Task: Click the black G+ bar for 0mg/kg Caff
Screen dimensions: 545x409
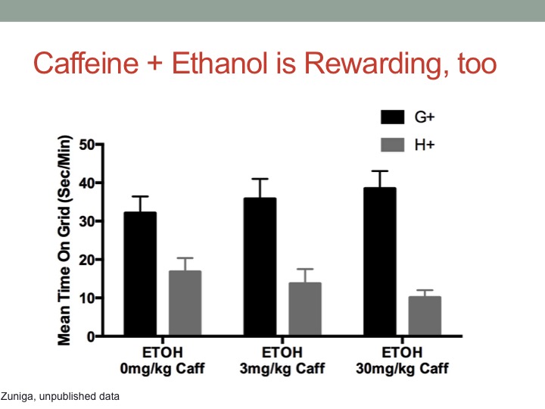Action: [x=140, y=273]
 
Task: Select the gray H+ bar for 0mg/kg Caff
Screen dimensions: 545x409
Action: [x=185, y=303]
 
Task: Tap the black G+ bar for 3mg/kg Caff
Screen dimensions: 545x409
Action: [x=260, y=267]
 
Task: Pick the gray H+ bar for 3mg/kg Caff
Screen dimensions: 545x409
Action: [x=305, y=309]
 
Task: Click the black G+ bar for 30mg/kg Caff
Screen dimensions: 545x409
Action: [x=380, y=261]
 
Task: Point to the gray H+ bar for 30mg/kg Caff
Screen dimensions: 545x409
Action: [x=425, y=316]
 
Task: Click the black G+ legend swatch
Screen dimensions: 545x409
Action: [x=392, y=117]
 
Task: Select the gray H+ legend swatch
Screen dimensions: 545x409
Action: [x=392, y=145]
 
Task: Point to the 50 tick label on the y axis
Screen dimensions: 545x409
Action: [x=86, y=145]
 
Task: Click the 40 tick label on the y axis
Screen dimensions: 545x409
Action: [x=86, y=183]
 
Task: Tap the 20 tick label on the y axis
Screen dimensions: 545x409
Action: [x=86, y=260]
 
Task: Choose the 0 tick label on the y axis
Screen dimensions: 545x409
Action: [x=91, y=336]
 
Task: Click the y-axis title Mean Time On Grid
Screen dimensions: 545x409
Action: [x=64, y=240]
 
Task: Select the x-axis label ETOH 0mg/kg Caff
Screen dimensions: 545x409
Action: [x=162, y=361]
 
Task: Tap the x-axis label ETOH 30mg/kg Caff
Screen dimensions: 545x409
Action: [x=402, y=361]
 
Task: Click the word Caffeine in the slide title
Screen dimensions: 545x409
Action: [x=86, y=64]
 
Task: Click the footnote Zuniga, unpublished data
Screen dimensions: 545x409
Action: [x=60, y=396]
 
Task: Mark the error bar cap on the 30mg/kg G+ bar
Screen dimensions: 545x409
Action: [x=380, y=171]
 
